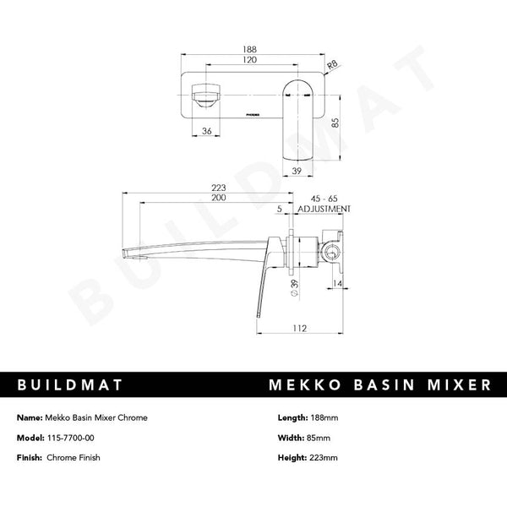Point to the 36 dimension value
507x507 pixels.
pos(206,131)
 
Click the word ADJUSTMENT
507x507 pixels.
pos(324,208)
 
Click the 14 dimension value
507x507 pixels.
pos(337,285)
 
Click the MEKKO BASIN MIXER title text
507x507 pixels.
pos(379,385)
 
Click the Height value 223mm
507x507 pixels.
pos(321,457)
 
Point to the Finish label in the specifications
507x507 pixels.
pos(30,457)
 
